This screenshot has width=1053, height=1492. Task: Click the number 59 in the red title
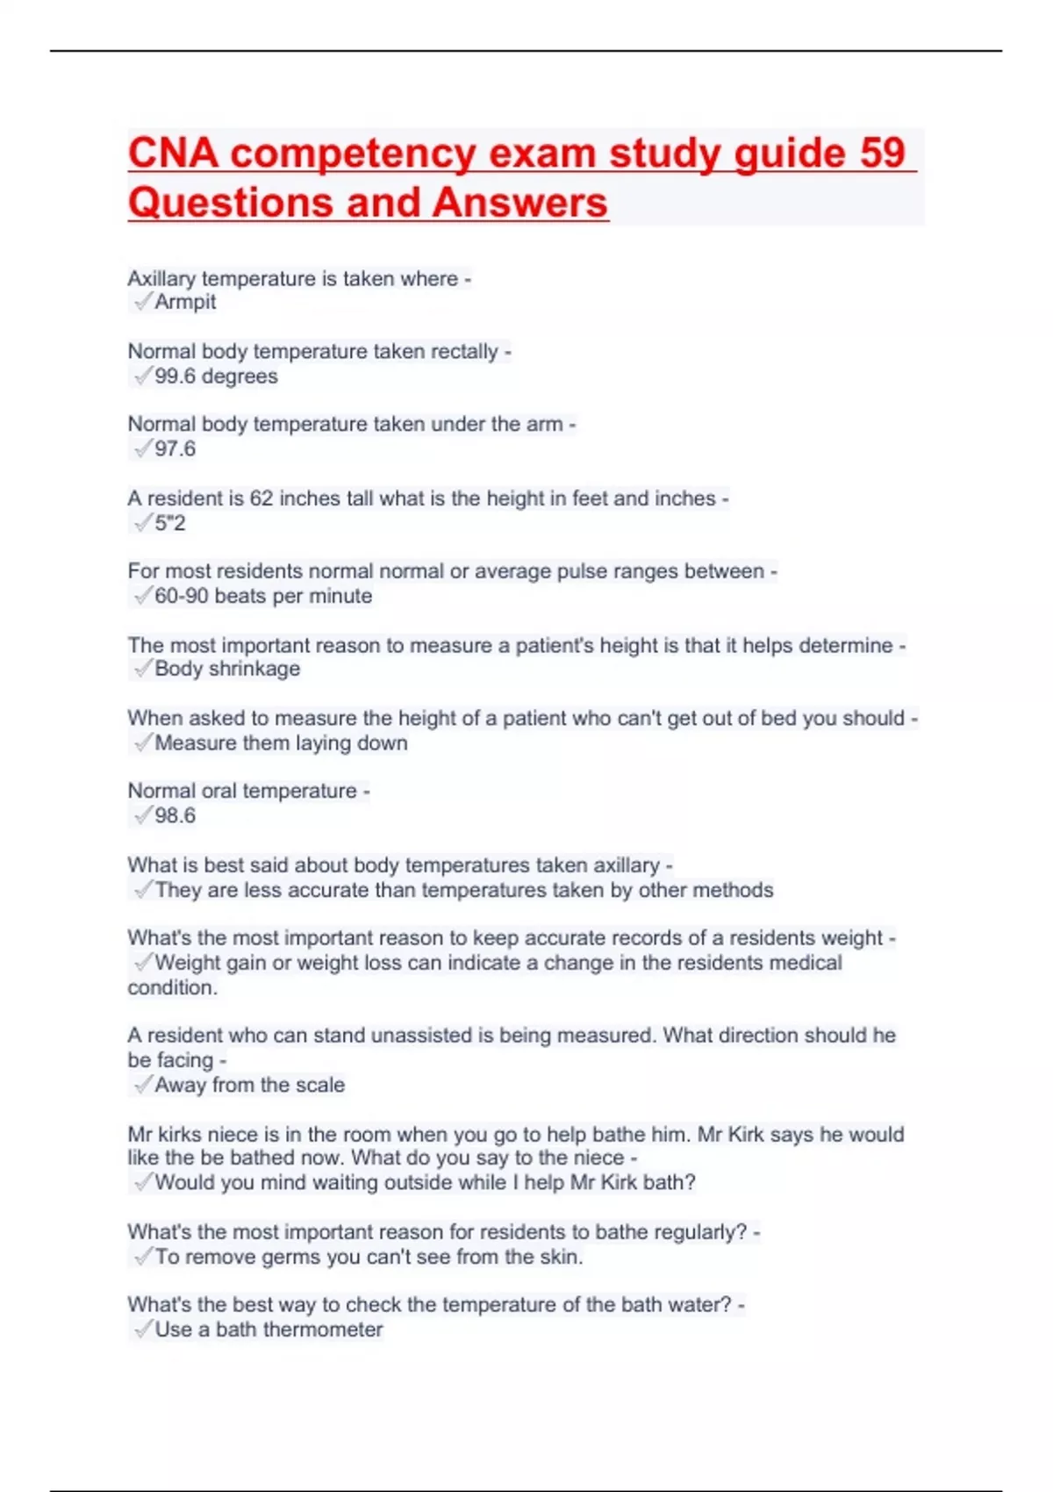pyautogui.click(x=882, y=153)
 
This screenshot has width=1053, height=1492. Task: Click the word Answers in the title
pyautogui.click(x=519, y=203)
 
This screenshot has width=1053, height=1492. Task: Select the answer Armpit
pyautogui.click(x=185, y=302)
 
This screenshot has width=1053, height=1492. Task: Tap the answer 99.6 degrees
pyautogui.click(x=216, y=377)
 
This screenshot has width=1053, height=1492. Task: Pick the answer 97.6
pyautogui.click(x=175, y=449)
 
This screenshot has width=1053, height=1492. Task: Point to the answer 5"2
pyautogui.click(x=170, y=524)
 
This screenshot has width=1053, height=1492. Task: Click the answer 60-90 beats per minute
pyautogui.click(x=263, y=596)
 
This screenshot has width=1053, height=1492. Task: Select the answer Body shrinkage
pyautogui.click(x=227, y=669)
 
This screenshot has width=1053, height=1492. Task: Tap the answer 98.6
pyautogui.click(x=175, y=816)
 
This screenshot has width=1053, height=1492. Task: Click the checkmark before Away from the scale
pyautogui.click(x=143, y=1085)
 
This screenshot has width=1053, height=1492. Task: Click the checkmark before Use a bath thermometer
pyautogui.click(x=143, y=1330)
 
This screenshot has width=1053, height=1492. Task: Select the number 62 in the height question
pyautogui.click(x=261, y=499)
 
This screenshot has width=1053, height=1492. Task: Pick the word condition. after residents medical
pyautogui.click(x=172, y=988)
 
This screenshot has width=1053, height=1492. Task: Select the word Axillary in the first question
pyautogui.click(x=161, y=279)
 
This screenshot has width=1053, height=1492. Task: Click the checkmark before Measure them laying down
pyautogui.click(x=143, y=743)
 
